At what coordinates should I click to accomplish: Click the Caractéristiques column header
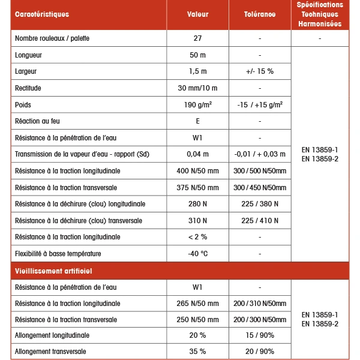coord(41,14)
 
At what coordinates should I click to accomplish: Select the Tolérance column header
coord(260,14)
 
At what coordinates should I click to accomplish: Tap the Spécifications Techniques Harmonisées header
coord(320,14)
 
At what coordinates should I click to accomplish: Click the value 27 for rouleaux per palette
coord(197,38)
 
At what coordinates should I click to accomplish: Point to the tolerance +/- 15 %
coord(259,71)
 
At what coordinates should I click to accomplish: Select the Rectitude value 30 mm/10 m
coord(197,88)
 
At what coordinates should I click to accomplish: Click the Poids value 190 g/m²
coord(197,104)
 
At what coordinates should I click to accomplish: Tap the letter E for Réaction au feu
coord(197,121)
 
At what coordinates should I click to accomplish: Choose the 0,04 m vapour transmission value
coord(197,155)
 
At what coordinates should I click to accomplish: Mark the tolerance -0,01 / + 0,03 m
coord(260,155)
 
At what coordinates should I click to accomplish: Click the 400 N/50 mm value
coord(197,171)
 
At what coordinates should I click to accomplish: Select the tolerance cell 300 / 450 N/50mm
coord(260,188)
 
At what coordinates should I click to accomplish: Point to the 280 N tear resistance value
coord(197,204)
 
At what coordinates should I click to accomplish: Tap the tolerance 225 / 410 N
coord(260,221)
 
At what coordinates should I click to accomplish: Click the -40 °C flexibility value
coord(197,254)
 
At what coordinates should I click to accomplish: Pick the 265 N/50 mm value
coord(197,304)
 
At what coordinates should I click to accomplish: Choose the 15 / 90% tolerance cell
coord(260,335)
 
